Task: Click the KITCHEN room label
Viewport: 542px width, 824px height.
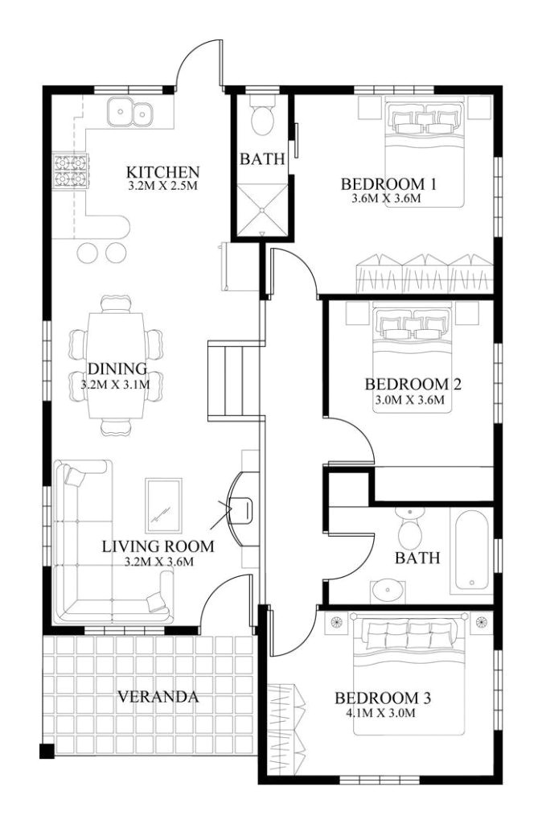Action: point(162,172)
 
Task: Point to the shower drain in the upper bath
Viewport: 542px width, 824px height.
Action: point(262,212)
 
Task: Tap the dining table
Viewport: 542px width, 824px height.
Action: point(117,362)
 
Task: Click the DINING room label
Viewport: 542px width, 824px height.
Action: point(117,369)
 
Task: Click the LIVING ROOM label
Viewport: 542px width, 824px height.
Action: point(158,546)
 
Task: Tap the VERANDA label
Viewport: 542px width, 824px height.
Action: point(158,696)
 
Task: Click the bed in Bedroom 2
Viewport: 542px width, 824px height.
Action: point(413,354)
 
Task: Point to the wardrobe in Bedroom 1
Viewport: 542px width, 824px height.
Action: point(423,274)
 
